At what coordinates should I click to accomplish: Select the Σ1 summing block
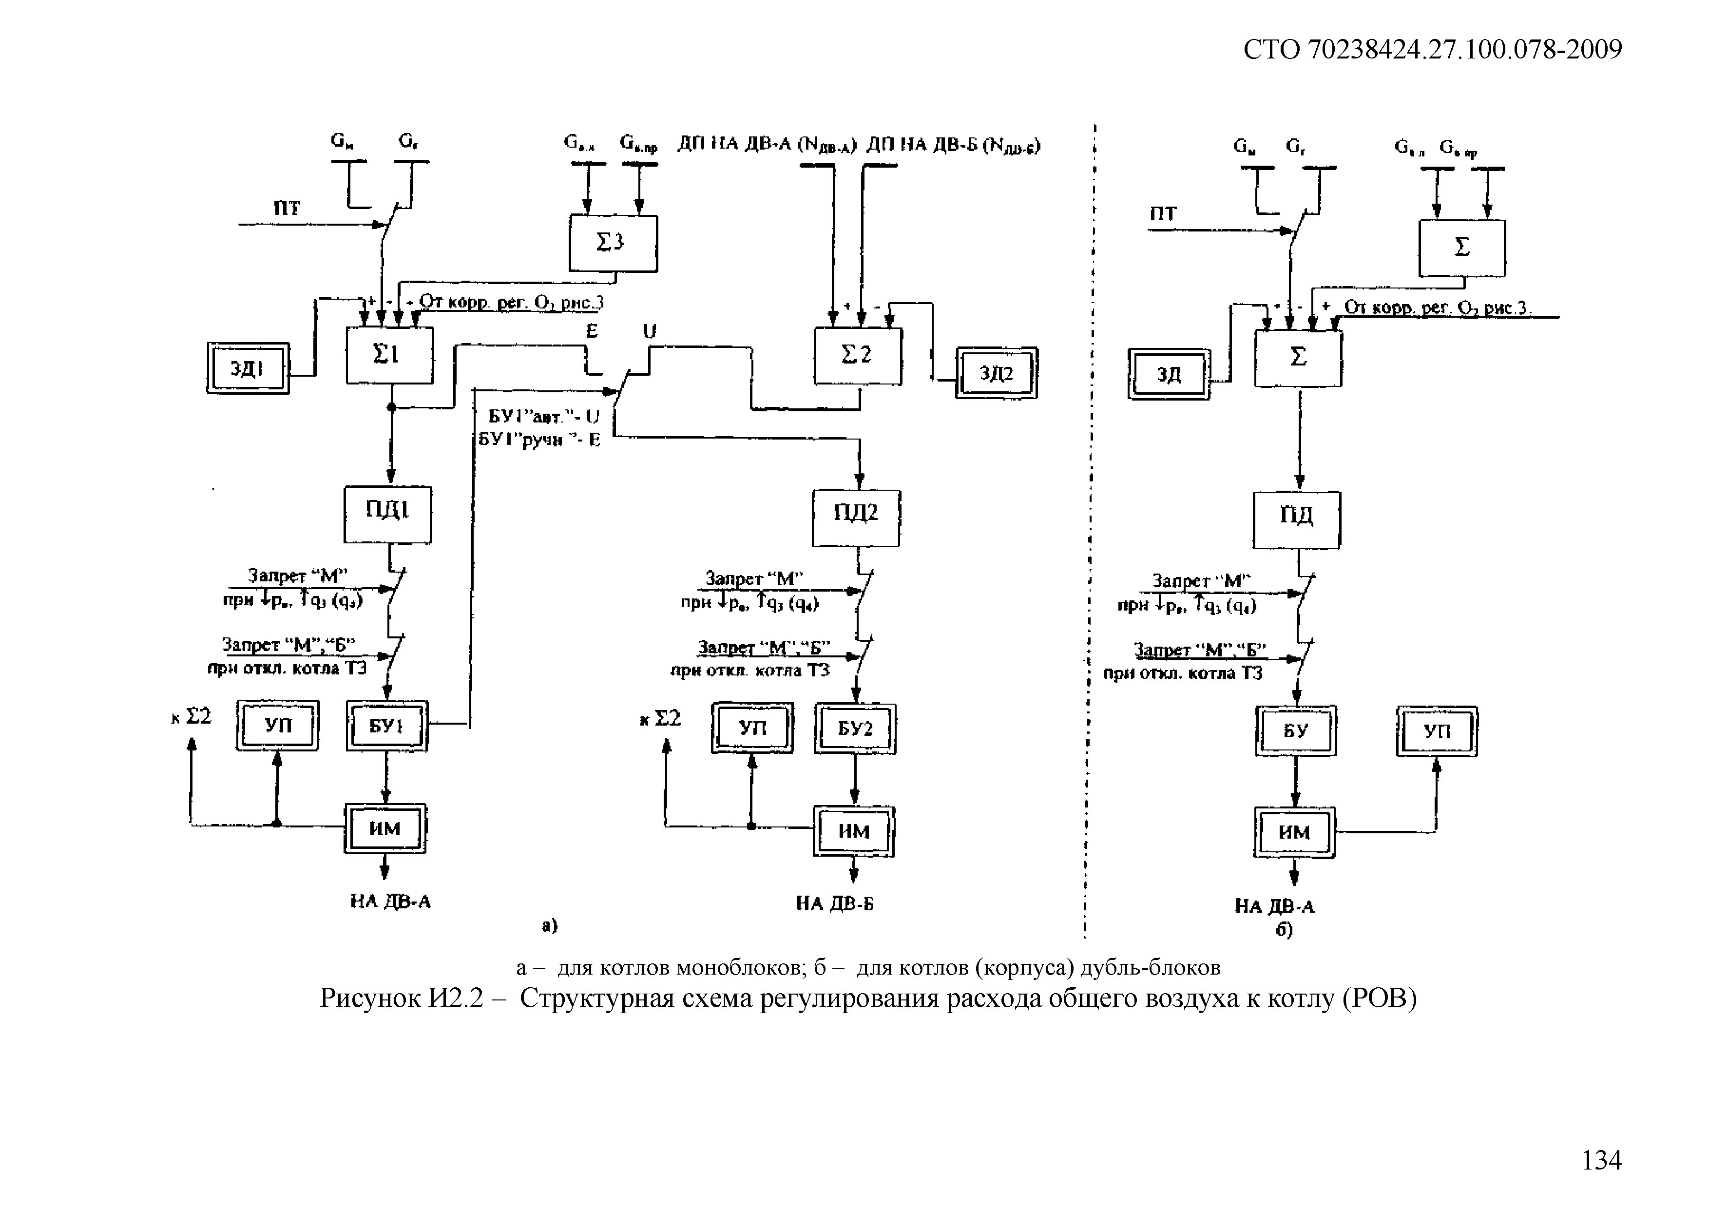(389, 357)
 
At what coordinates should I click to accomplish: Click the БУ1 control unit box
(387, 726)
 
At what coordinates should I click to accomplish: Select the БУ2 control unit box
(855, 729)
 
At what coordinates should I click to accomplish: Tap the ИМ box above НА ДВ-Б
(854, 831)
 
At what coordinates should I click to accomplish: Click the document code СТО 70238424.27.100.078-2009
(1433, 50)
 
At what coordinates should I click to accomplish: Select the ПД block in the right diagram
(1297, 519)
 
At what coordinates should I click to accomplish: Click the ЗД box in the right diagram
(1169, 374)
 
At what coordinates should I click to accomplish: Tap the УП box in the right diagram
(1437, 732)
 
